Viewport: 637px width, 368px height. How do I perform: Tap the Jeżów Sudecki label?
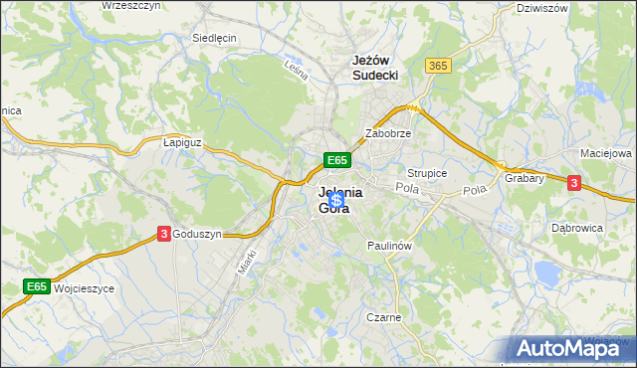click(375, 67)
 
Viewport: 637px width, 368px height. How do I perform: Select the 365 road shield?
click(437, 65)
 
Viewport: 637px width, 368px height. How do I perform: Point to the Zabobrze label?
click(388, 132)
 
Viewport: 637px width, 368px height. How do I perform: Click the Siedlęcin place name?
click(213, 39)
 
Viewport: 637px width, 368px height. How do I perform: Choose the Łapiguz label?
click(182, 142)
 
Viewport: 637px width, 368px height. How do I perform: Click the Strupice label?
click(427, 172)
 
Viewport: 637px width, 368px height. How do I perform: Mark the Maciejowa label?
click(606, 154)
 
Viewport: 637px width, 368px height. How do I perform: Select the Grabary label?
click(524, 179)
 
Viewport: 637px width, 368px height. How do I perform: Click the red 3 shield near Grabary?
click(574, 182)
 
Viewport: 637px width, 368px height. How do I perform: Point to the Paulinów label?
click(389, 245)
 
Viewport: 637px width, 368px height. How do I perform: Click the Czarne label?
click(383, 317)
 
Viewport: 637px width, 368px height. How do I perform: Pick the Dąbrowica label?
click(576, 228)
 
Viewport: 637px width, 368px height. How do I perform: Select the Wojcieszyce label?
click(86, 287)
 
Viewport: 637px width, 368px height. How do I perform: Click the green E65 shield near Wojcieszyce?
click(37, 286)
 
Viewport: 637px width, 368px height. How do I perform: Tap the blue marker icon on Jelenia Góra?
click(336, 201)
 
